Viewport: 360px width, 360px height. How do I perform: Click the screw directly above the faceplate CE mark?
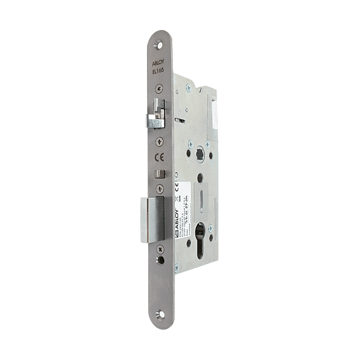coord(158,141)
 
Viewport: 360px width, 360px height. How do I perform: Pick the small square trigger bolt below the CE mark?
coord(158,175)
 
